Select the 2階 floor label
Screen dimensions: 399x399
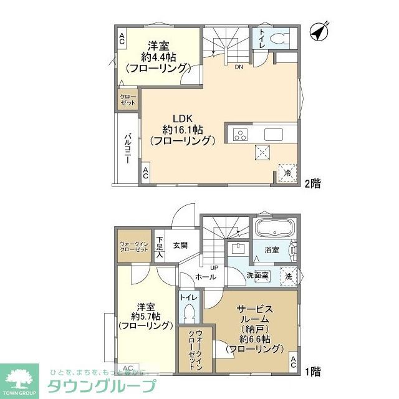(x=312, y=184)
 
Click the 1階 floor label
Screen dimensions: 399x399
(x=312, y=372)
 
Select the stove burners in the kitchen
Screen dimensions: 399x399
(x=241, y=135)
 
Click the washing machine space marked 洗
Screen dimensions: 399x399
(x=289, y=276)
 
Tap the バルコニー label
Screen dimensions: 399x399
(x=127, y=148)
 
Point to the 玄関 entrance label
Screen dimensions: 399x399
(x=181, y=244)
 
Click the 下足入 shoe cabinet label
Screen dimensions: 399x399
(x=160, y=247)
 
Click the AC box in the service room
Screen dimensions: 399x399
(x=292, y=362)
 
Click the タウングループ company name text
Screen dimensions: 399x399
(x=107, y=384)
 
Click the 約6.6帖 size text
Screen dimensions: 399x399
(x=254, y=339)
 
